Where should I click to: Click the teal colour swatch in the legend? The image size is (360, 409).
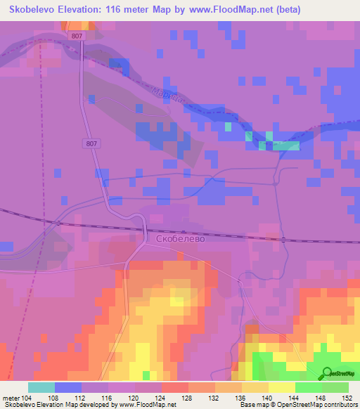(41, 387)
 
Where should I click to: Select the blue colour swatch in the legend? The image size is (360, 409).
(68, 387)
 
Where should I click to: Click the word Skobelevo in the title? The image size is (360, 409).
(31, 9)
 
